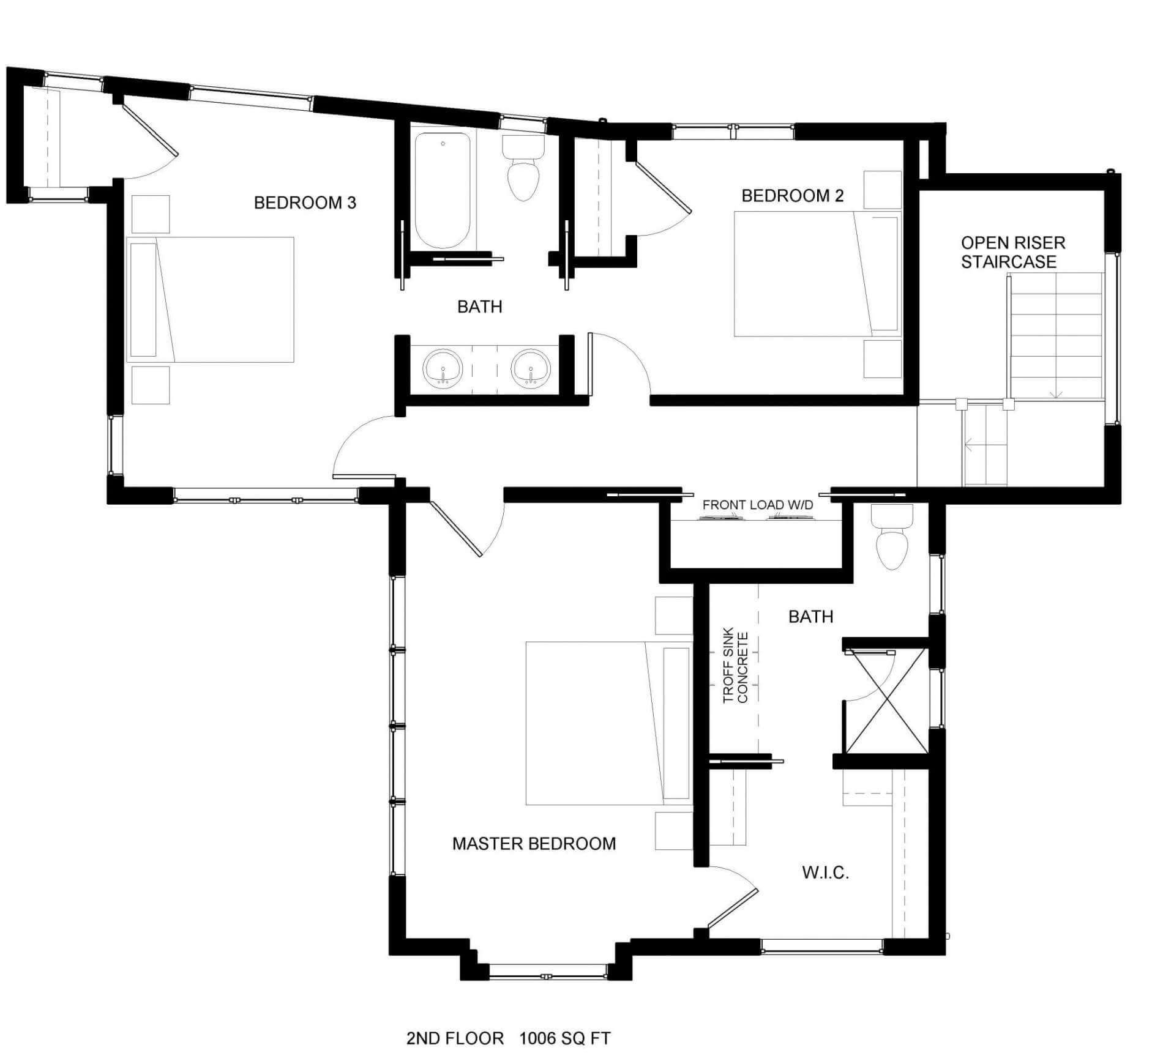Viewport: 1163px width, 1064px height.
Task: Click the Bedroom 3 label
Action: click(x=305, y=203)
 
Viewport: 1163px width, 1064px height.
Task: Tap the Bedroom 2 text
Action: click(x=792, y=196)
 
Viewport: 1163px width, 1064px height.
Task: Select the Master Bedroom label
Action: click(x=534, y=844)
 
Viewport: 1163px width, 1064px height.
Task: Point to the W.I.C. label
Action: click(x=825, y=872)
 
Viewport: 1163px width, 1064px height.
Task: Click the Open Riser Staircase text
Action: click(x=1012, y=252)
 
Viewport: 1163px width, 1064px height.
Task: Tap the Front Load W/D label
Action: click(x=757, y=505)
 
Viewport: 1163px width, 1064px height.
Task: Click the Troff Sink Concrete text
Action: click(x=735, y=668)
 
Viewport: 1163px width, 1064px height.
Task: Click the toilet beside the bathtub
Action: click(x=523, y=170)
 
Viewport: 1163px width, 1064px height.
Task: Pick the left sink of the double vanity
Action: click(x=442, y=368)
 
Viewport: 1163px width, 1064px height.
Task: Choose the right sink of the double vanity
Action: click(x=531, y=368)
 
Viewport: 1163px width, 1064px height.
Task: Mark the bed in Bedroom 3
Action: click(x=211, y=300)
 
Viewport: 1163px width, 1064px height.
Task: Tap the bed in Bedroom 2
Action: click(x=817, y=274)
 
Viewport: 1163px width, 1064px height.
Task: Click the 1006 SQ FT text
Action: click(x=564, y=1039)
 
